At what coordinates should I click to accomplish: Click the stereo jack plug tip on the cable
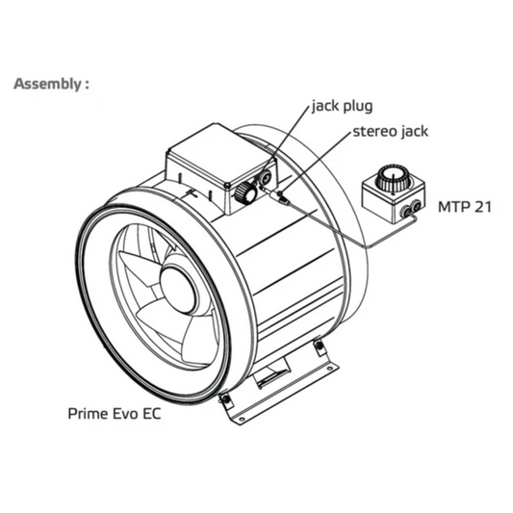(x=283, y=199)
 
